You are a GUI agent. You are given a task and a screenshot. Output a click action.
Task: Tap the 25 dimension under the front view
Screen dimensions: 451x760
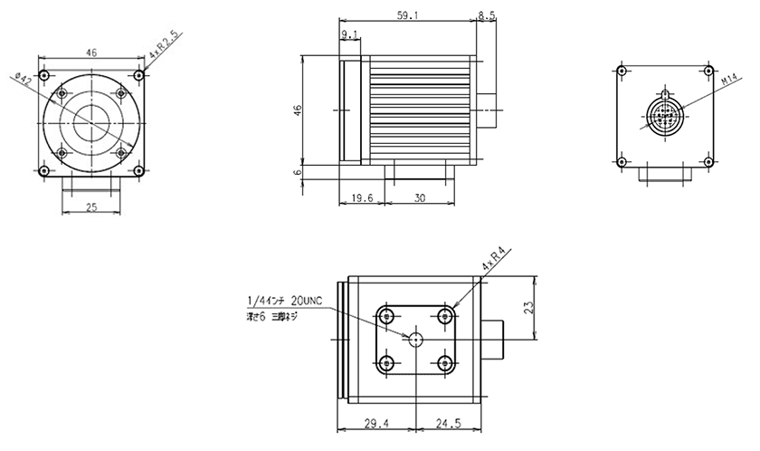pyautogui.click(x=91, y=208)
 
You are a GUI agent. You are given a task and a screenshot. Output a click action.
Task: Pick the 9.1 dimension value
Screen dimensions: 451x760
pyautogui.click(x=351, y=35)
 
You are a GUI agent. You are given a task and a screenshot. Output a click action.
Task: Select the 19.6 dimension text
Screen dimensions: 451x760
pyautogui.click(x=360, y=198)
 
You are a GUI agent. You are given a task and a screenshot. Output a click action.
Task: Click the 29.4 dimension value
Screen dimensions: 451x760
pyautogui.click(x=375, y=423)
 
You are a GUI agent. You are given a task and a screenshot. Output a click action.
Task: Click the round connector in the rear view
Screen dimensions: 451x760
pyautogui.click(x=665, y=115)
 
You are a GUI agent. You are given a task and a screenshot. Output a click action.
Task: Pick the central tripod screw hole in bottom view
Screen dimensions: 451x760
pyautogui.click(x=415, y=339)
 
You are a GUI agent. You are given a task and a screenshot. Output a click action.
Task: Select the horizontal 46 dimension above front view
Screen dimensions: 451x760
pyautogui.click(x=91, y=53)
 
